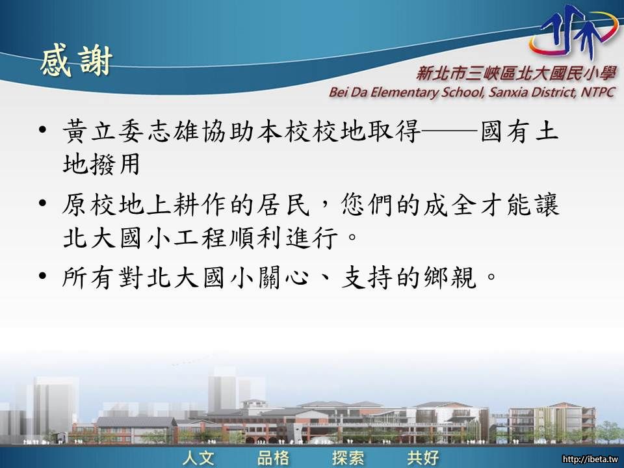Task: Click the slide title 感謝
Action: click(76, 62)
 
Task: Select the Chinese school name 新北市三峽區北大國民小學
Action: click(516, 73)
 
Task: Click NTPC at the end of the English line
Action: click(598, 92)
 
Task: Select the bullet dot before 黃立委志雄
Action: click(43, 130)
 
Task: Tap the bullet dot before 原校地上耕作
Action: click(43, 203)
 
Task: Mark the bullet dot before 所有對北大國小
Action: click(43, 276)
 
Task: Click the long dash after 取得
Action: click(449, 130)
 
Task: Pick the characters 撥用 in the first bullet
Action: click(115, 164)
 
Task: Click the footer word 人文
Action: click(199, 457)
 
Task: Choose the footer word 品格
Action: click(274, 457)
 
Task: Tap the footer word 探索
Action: click(348, 457)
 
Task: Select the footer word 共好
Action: click(423, 457)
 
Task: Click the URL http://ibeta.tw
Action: click(591, 460)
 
